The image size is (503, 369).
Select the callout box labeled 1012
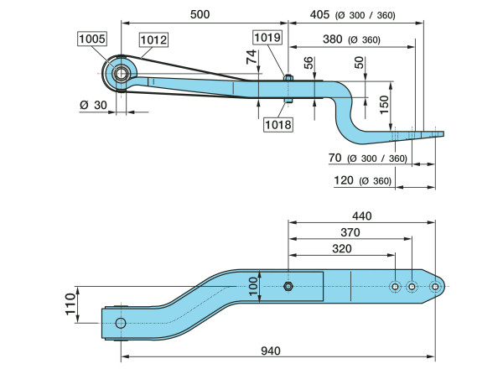(x=153, y=39)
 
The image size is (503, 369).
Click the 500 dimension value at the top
(x=199, y=14)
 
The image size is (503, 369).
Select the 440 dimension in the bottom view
(x=362, y=216)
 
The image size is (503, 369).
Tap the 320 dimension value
(x=341, y=249)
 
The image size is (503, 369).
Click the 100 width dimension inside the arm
(x=254, y=287)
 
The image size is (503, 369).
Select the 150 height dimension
(x=384, y=104)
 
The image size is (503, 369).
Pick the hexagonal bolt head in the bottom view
(x=288, y=287)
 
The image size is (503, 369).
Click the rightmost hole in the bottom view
(x=434, y=287)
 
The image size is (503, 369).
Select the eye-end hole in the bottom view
(x=121, y=324)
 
